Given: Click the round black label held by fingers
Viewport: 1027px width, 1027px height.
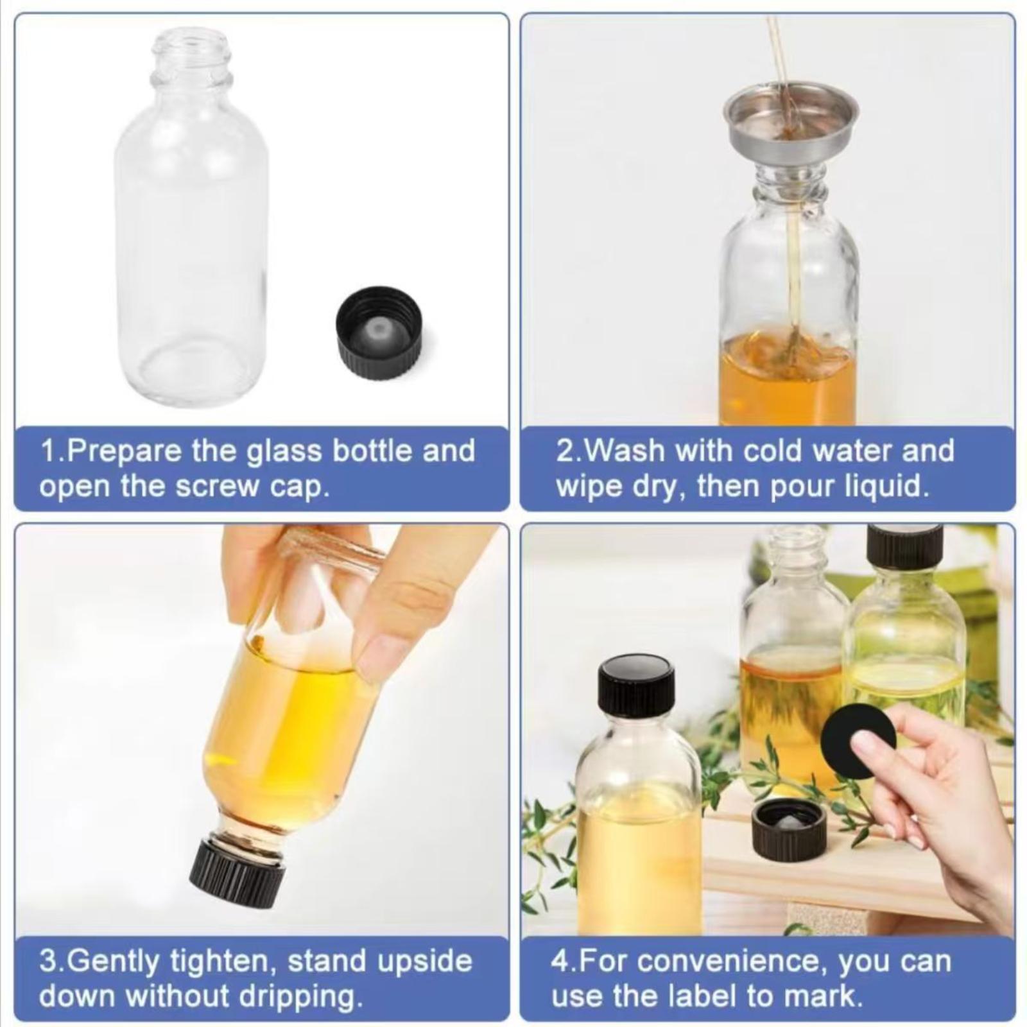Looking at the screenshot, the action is pyautogui.click(x=858, y=741).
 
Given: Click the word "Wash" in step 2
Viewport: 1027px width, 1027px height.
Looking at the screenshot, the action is pyautogui.click(x=626, y=451).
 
